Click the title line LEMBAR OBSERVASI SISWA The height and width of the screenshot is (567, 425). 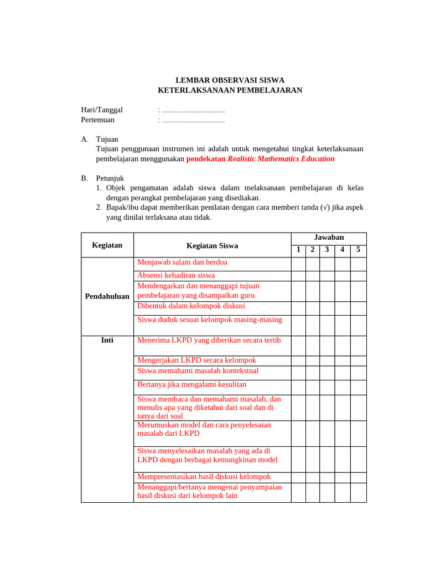pos(230,80)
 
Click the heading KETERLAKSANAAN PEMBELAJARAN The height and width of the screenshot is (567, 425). pos(230,90)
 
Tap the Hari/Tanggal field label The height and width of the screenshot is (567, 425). pos(102,110)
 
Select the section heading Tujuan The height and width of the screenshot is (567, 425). pos(107,139)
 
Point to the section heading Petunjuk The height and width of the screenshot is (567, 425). pos(110,178)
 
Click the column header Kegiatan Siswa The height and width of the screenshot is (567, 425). pos(212,245)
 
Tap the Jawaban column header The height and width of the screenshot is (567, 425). pos(329,238)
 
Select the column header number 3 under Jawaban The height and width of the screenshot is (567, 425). pos(327,250)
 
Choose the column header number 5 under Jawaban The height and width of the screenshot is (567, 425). pos(358,250)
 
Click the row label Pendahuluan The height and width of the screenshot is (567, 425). pos(107,296)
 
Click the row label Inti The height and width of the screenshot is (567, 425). pos(107,340)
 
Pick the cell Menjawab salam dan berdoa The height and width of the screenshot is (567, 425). pos(182,262)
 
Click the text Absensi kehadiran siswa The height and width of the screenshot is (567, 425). pos(176,275)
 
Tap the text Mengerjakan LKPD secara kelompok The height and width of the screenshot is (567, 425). pos(196,360)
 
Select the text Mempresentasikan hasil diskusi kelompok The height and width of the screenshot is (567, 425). pos(204,477)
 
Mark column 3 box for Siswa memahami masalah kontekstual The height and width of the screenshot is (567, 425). pos(327,373)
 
